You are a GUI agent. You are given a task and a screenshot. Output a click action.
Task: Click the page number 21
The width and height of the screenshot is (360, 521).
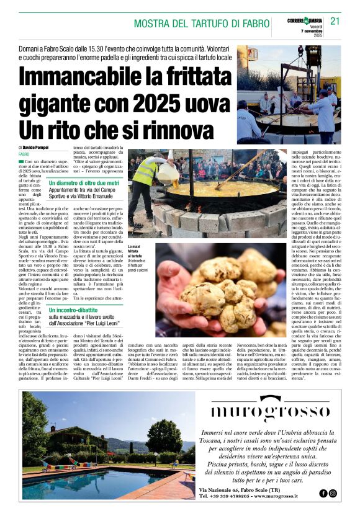pyautogui.click(x=335, y=21)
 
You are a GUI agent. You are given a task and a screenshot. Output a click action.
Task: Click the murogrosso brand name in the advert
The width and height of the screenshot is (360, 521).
pyautogui.click(x=269, y=411)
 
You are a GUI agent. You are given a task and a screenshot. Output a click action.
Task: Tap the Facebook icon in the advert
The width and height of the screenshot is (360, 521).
pyautogui.click(x=323, y=493)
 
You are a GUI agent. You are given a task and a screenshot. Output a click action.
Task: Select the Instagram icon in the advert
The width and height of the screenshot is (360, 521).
pyautogui.click(x=333, y=493)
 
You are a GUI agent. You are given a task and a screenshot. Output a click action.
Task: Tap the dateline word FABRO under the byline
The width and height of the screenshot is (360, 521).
pyautogui.click(x=24, y=154)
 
